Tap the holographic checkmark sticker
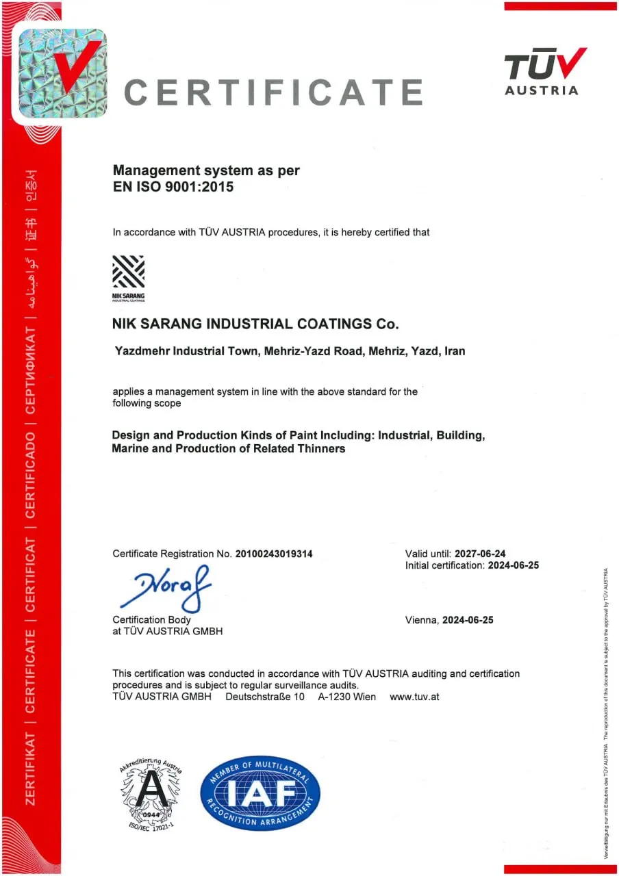[x=60, y=74]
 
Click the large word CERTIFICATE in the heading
[x=274, y=92]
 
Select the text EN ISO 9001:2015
[x=173, y=186]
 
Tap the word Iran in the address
[x=455, y=351]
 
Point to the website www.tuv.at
[x=414, y=697]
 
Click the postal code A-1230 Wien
[x=346, y=697]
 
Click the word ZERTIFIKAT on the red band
[x=31, y=767]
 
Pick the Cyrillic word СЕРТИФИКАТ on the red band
[x=31, y=370]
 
